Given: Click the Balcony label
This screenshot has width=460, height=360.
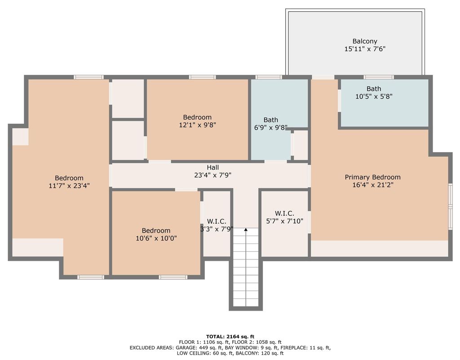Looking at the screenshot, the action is point(365,41).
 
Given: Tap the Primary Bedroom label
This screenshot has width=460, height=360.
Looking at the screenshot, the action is point(372,177).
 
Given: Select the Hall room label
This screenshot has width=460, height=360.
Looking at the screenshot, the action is point(212,168).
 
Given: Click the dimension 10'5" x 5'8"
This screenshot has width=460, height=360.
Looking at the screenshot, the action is point(374,97).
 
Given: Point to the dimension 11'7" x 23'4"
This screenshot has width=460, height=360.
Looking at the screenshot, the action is point(69,186).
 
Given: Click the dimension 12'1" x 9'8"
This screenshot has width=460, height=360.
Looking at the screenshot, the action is point(198,125).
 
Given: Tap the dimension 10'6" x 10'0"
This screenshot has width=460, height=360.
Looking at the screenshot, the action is point(156,238).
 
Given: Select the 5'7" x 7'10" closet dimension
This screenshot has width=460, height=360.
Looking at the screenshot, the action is point(284,221).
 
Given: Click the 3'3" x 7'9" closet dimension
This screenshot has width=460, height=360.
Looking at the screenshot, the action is point(217,229).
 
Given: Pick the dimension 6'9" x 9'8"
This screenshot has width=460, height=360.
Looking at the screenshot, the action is point(271,127).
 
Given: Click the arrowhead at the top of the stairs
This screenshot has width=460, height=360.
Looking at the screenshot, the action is point(246,229).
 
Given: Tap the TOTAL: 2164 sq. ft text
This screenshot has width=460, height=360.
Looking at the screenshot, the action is point(230,337).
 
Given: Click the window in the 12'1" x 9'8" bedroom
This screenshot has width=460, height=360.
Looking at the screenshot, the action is point(203,77).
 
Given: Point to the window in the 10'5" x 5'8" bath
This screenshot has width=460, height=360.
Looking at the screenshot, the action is point(379,77).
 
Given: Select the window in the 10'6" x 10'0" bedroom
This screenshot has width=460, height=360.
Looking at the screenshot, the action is point(173,277).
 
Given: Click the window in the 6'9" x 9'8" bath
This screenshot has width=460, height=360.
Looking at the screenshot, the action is point(269,77).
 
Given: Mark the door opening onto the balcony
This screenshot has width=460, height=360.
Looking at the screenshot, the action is point(323,77).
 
